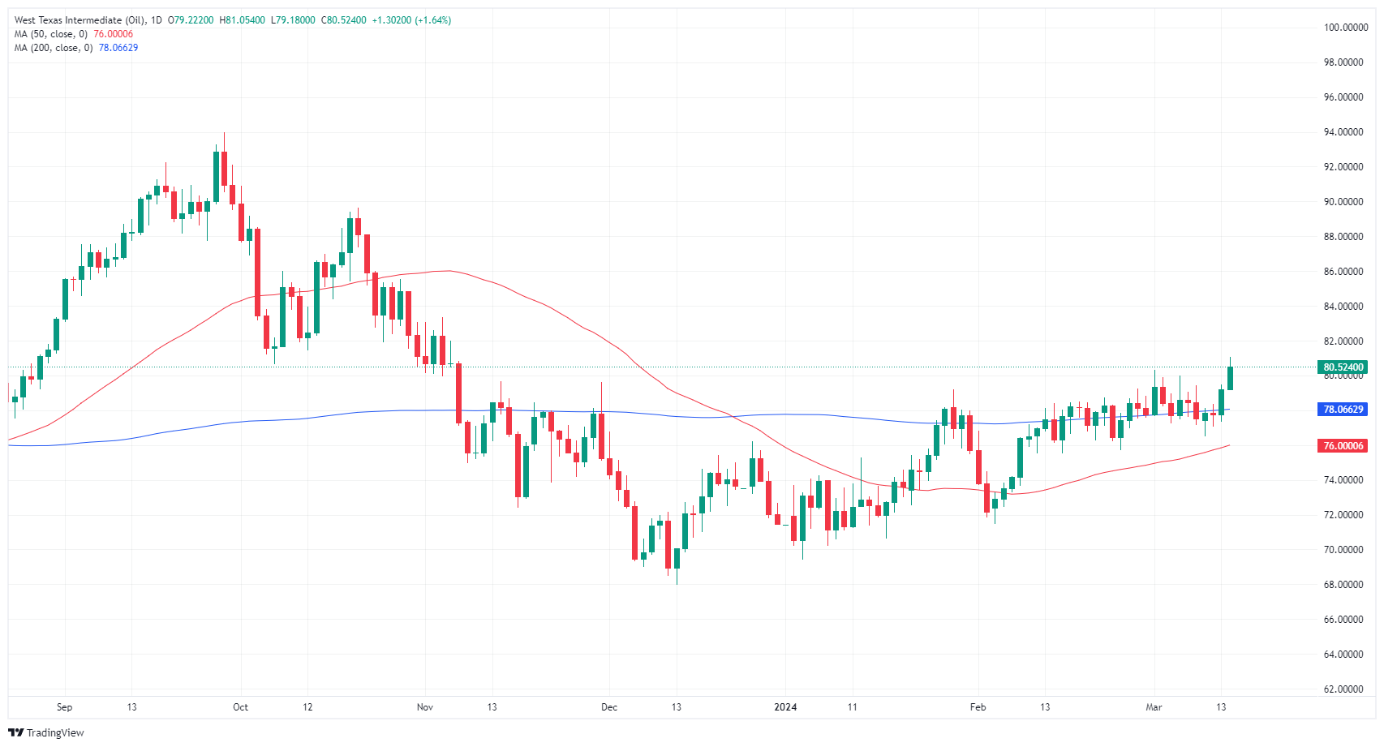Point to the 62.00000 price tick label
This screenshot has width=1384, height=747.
(x=1343, y=689)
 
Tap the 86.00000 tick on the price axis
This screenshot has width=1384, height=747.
(x=1343, y=272)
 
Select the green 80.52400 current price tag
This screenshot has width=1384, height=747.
(x=1343, y=367)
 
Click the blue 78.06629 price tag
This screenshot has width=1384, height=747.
(x=1343, y=410)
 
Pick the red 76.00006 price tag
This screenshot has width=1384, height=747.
(x=1343, y=446)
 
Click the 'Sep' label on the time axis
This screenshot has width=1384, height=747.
(x=65, y=707)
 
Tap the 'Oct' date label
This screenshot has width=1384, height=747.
(x=240, y=707)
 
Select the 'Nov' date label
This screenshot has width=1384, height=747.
(x=425, y=707)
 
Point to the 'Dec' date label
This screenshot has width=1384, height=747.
(x=609, y=707)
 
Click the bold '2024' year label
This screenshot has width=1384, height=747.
(x=785, y=707)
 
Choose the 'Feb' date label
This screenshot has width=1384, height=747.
(x=978, y=707)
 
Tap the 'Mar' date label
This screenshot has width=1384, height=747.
(x=1154, y=707)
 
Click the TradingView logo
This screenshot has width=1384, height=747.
(x=47, y=733)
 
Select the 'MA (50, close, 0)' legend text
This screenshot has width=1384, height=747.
(x=50, y=34)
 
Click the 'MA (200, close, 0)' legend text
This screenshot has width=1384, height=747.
(x=53, y=48)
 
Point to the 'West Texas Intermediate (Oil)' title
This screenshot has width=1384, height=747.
(x=80, y=20)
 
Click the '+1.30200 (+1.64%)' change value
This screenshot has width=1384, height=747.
(x=411, y=20)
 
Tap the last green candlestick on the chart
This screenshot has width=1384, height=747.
(x=1231, y=378)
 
